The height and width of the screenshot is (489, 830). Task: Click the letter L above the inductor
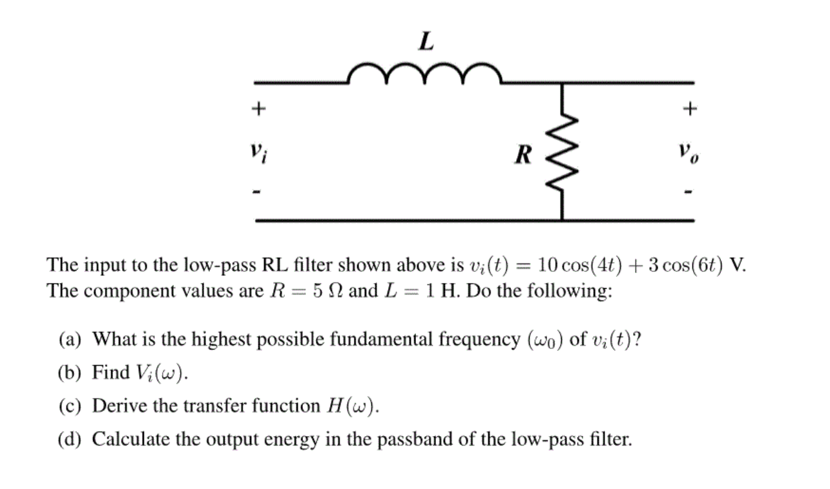click(425, 43)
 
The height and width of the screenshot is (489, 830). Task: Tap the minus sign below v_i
click(258, 192)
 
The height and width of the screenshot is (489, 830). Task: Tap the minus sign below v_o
click(690, 192)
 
